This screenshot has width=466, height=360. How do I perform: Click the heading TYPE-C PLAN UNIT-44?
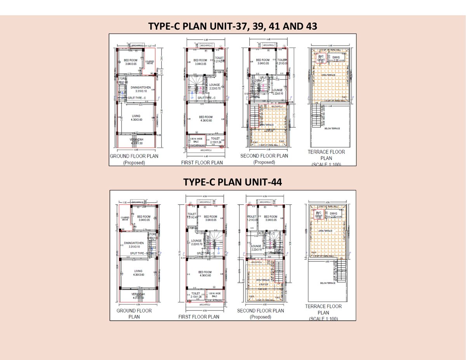point(233,182)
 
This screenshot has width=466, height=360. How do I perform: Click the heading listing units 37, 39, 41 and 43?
point(233,26)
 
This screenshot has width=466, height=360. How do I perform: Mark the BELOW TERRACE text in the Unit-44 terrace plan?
point(328,283)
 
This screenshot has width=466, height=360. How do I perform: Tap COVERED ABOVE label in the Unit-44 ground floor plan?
point(125,218)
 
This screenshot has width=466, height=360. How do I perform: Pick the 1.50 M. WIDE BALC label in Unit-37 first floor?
point(195,140)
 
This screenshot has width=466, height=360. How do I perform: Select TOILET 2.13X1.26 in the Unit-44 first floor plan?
point(196,295)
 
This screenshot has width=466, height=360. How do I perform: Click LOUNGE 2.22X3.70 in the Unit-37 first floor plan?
point(215,87)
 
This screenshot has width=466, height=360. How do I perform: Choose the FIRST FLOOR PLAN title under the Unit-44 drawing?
point(199,317)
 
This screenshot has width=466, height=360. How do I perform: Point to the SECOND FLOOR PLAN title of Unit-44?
point(260,311)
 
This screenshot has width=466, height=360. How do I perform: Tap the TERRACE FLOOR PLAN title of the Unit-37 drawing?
point(326,155)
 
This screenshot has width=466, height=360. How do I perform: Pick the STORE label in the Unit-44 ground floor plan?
point(152,235)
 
